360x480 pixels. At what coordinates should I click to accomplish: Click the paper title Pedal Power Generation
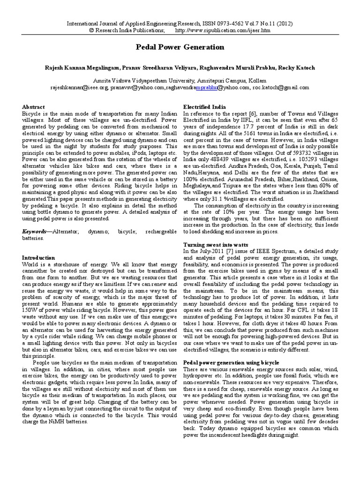180,47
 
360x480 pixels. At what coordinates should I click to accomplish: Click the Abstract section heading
34,107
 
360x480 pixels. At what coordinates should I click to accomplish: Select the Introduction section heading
39,257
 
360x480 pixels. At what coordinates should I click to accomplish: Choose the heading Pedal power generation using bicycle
231,362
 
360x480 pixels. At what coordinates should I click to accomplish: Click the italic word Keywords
34,232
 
